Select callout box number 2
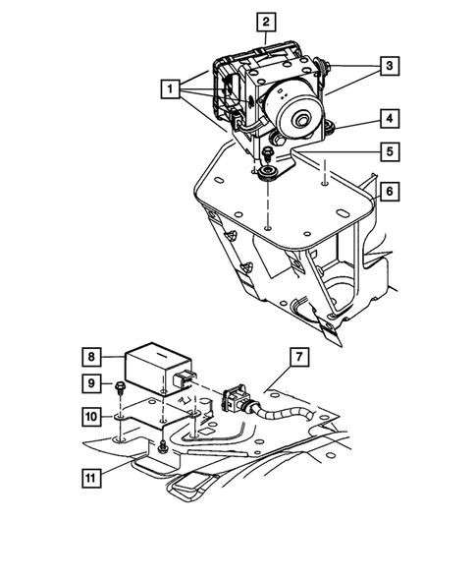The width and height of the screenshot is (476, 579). [266, 20]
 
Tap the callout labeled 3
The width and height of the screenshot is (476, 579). [390, 66]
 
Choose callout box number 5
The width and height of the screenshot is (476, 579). [390, 152]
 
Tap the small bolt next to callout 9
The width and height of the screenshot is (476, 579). [119, 386]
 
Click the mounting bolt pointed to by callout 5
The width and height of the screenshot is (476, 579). [266, 154]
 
